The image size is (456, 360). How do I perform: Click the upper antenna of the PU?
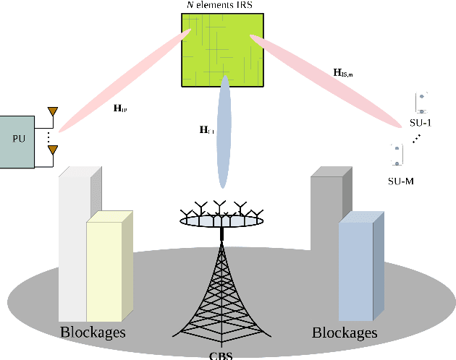(52, 113)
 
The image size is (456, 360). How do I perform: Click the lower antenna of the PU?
(52, 150)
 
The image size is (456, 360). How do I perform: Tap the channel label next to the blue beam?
(207, 130)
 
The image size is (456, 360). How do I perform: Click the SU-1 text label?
(421, 123)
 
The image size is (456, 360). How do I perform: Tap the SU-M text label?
(401, 181)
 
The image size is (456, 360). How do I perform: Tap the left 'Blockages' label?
(92, 333)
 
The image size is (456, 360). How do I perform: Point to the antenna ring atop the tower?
(220, 220)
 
